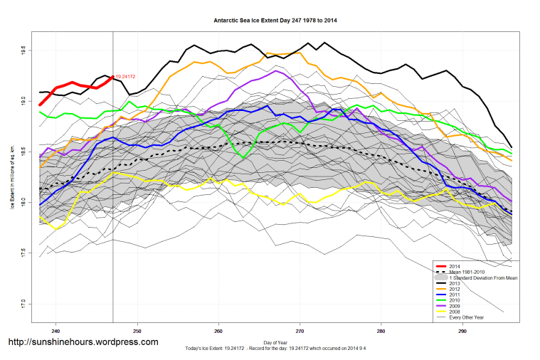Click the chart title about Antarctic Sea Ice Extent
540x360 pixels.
(275, 21)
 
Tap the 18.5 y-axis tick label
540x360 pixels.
(23, 152)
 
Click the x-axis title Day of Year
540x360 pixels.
(275, 343)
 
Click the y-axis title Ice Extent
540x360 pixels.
(12, 178)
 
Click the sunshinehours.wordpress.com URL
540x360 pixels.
(83, 342)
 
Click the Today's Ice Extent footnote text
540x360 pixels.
(275, 349)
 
